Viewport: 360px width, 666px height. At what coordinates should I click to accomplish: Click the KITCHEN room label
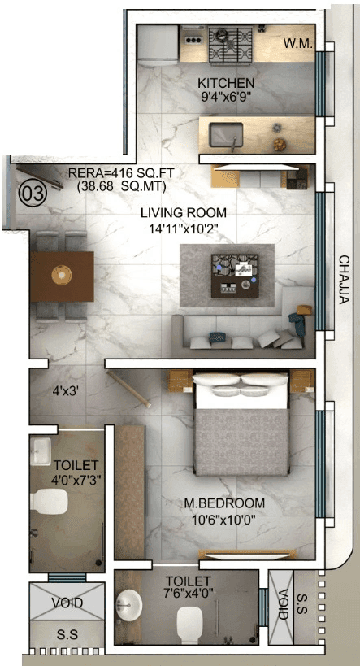226,83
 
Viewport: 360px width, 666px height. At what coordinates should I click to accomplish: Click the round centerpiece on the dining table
60,274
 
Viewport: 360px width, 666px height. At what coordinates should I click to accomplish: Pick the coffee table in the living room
236,273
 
